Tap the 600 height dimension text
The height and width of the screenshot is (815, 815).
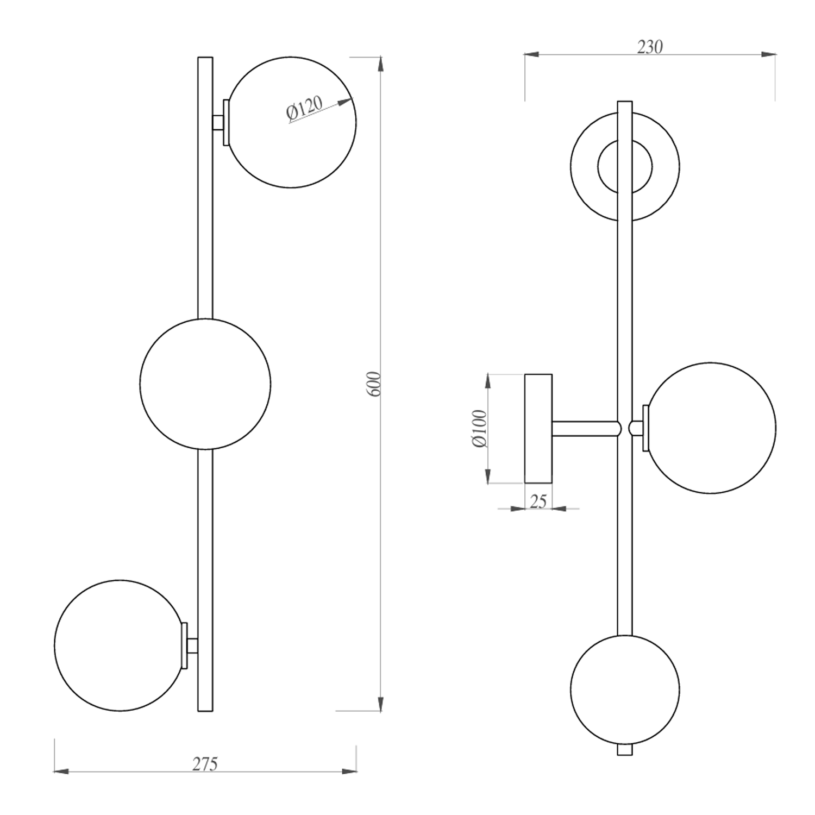375,384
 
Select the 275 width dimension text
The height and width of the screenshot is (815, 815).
205,764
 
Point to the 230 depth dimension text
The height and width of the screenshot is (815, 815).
650,47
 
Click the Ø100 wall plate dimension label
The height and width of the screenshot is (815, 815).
480,428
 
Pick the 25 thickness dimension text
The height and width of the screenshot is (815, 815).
538,501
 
